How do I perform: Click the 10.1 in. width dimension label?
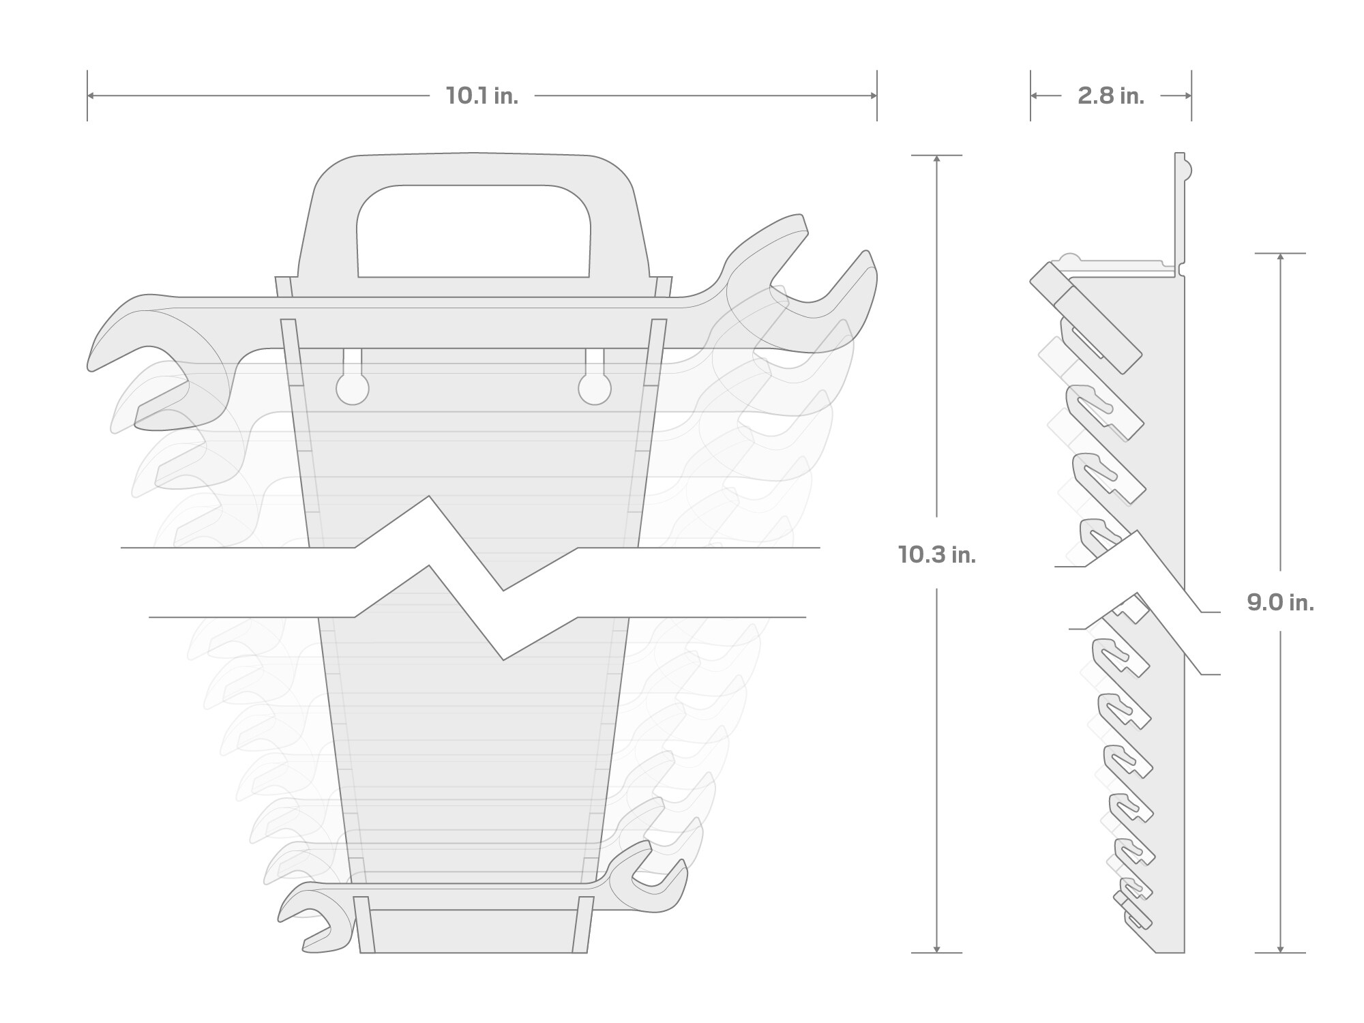[x=482, y=96]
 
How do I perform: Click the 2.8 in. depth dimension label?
[x=1110, y=96]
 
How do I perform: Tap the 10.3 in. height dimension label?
[x=936, y=555]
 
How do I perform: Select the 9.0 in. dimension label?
[x=1280, y=603]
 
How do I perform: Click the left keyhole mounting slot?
[x=353, y=387]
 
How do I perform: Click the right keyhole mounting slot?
[x=595, y=387]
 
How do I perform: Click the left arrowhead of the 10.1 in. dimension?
[x=91, y=96]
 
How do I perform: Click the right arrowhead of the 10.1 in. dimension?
[x=874, y=96]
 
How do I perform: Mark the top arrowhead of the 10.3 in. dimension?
[x=936, y=159]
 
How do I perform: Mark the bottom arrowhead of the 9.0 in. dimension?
[x=1280, y=949]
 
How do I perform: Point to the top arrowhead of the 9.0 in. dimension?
[x=1280, y=257]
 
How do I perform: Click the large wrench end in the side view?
[x=1084, y=317]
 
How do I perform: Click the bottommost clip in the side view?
[x=1136, y=917]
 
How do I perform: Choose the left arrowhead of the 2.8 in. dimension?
[x=1034, y=96]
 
